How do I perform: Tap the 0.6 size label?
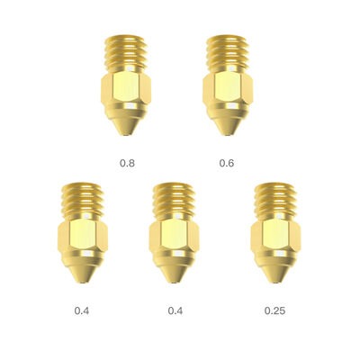tap(227, 163)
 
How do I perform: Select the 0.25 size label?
tap(275, 310)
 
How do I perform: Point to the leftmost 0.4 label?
tap(81, 310)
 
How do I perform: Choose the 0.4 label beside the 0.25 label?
tap(175, 310)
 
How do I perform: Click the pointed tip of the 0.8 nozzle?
tap(126, 135)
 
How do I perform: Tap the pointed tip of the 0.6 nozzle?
tap(228, 135)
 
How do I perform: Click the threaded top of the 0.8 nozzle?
tap(126, 54)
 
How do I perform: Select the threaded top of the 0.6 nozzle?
tap(227, 54)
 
